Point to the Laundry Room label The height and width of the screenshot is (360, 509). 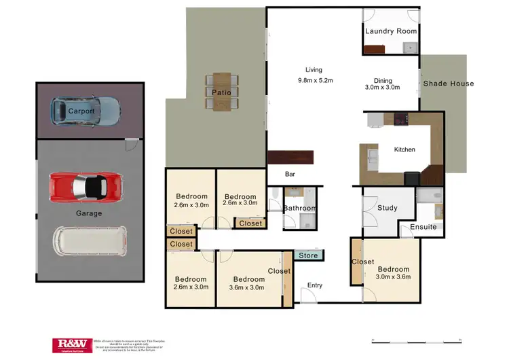click(391, 31)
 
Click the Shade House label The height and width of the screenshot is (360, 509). click(449, 84)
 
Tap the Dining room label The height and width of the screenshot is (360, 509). click(383, 81)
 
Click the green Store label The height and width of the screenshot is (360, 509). click(309, 256)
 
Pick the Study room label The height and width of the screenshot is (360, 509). click(388, 209)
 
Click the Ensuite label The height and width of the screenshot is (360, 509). click(423, 227)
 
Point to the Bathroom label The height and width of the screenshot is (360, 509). click(299, 209)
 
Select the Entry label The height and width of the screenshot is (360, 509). click(315, 285)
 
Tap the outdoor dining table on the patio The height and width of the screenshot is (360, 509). click(221, 92)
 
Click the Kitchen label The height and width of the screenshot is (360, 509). click(404, 149)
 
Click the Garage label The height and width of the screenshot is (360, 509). click(89, 213)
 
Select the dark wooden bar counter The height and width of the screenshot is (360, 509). click(292, 158)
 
